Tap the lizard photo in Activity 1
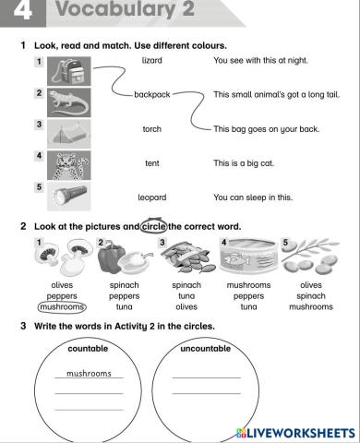click(x=66, y=102)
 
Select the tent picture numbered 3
click(x=66, y=133)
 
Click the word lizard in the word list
click(x=152, y=60)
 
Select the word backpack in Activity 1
click(x=152, y=94)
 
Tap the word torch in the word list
click(x=152, y=129)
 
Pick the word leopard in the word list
click(x=152, y=198)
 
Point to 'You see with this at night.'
click(x=259, y=60)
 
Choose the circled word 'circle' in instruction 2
click(x=153, y=226)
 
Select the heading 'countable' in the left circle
click(x=88, y=349)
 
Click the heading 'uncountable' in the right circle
click(x=205, y=349)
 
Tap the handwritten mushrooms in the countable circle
click(x=88, y=374)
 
